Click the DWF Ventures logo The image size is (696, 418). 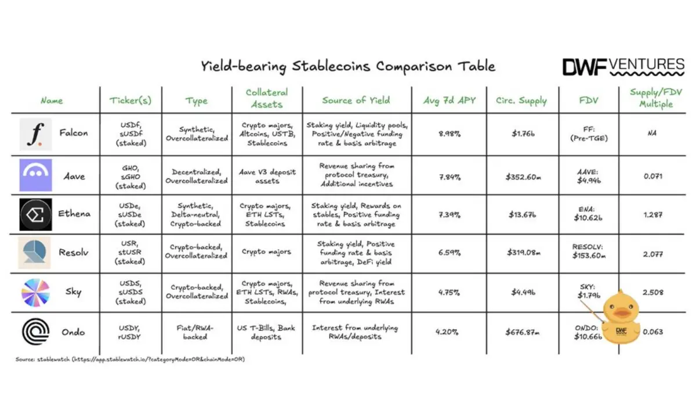pyautogui.click(x=623, y=67)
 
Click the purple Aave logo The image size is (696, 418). pyautogui.click(x=35, y=175)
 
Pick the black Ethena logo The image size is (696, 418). pyautogui.click(x=35, y=214)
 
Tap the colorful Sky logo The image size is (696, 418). pyautogui.click(x=35, y=292)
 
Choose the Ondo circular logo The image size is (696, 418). pyautogui.click(x=35, y=332)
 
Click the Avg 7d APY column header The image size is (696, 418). pyautogui.click(x=449, y=100)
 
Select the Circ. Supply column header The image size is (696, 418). pyautogui.click(x=521, y=100)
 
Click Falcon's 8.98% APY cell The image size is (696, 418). pyautogui.click(x=449, y=134)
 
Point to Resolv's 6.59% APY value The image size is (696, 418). pyautogui.click(x=449, y=253)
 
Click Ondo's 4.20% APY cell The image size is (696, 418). pyautogui.click(x=447, y=332)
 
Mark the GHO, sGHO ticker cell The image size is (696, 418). pyautogui.click(x=130, y=175)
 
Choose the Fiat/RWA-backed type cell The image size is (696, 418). pyautogui.click(x=195, y=332)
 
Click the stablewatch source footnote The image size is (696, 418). pyautogui.click(x=130, y=359)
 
